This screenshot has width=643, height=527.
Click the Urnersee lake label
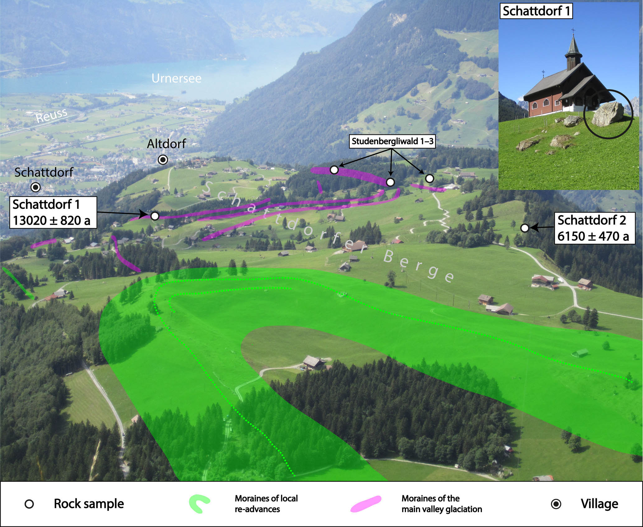tap(176, 78)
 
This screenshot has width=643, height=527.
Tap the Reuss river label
tap(52, 116)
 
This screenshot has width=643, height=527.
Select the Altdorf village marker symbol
tap(163, 160)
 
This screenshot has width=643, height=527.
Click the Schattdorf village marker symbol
tap(36, 187)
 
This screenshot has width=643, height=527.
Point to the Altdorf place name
tap(166, 144)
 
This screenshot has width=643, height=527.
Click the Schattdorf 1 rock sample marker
tap(155, 216)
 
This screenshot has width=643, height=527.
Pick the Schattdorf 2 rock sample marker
tap(524, 228)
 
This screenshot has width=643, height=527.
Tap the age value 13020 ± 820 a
tap(52, 220)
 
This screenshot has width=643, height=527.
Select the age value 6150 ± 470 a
tap(593, 236)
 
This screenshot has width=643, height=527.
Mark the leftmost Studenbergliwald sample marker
tap(334, 170)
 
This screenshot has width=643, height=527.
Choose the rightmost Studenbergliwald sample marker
tap(429, 178)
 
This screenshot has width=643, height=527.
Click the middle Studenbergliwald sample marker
tap(390, 182)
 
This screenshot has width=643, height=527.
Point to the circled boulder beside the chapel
tap(608, 114)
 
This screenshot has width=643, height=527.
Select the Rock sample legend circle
tap(29, 504)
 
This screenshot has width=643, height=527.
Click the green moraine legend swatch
tap(199, 503)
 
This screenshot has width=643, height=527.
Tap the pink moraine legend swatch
tap(366, 503)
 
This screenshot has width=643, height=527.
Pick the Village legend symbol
tap(556, 504)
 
